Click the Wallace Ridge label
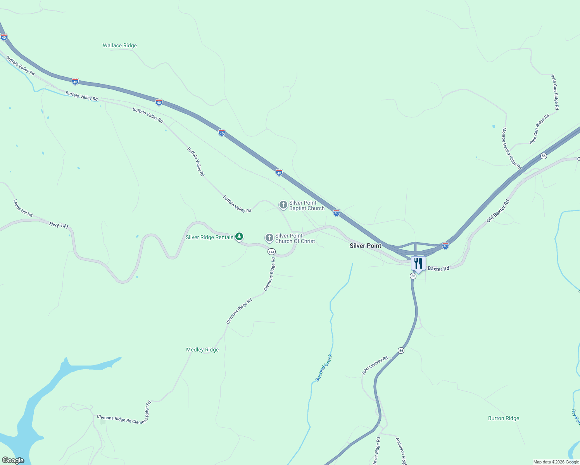coord(120,46)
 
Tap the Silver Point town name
coord(365,246)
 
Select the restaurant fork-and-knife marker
coord(418,264)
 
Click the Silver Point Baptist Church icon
coord(283,205)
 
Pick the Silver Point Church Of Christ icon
coord(269,238)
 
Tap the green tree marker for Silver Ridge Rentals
coord(240,236)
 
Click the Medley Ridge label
coord(202,350)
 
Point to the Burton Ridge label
coord(503,418)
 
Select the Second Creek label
coord(324,368)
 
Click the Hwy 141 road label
coord(59,225)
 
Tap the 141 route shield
coord(271,252)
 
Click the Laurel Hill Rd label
coord(23,208)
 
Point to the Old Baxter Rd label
coord(498,211)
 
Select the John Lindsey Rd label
coord(375,366)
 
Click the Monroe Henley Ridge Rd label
coord(511,148)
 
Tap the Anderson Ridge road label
coord(401,451)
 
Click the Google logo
coord(13,460)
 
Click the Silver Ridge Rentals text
coord(209,238)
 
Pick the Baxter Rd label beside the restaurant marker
coord(438,269)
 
